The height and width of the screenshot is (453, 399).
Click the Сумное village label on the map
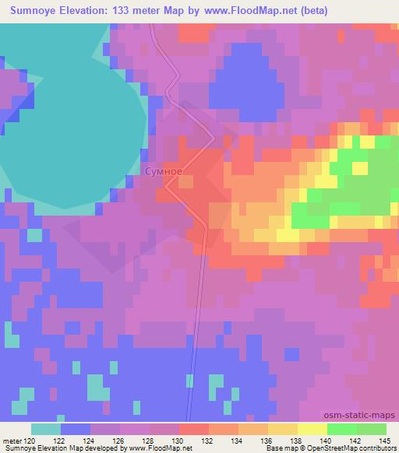point(163,170)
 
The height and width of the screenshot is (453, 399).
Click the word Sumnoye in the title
point(28,11)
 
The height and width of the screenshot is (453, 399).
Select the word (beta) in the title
point(311,11)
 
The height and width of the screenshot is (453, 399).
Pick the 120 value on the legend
point(30,441)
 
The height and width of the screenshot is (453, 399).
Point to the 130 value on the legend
point(178,441)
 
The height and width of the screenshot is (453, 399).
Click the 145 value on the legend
point(381,441)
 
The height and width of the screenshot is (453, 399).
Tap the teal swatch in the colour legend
point(46,429)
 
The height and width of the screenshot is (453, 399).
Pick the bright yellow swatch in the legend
point(312,429)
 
